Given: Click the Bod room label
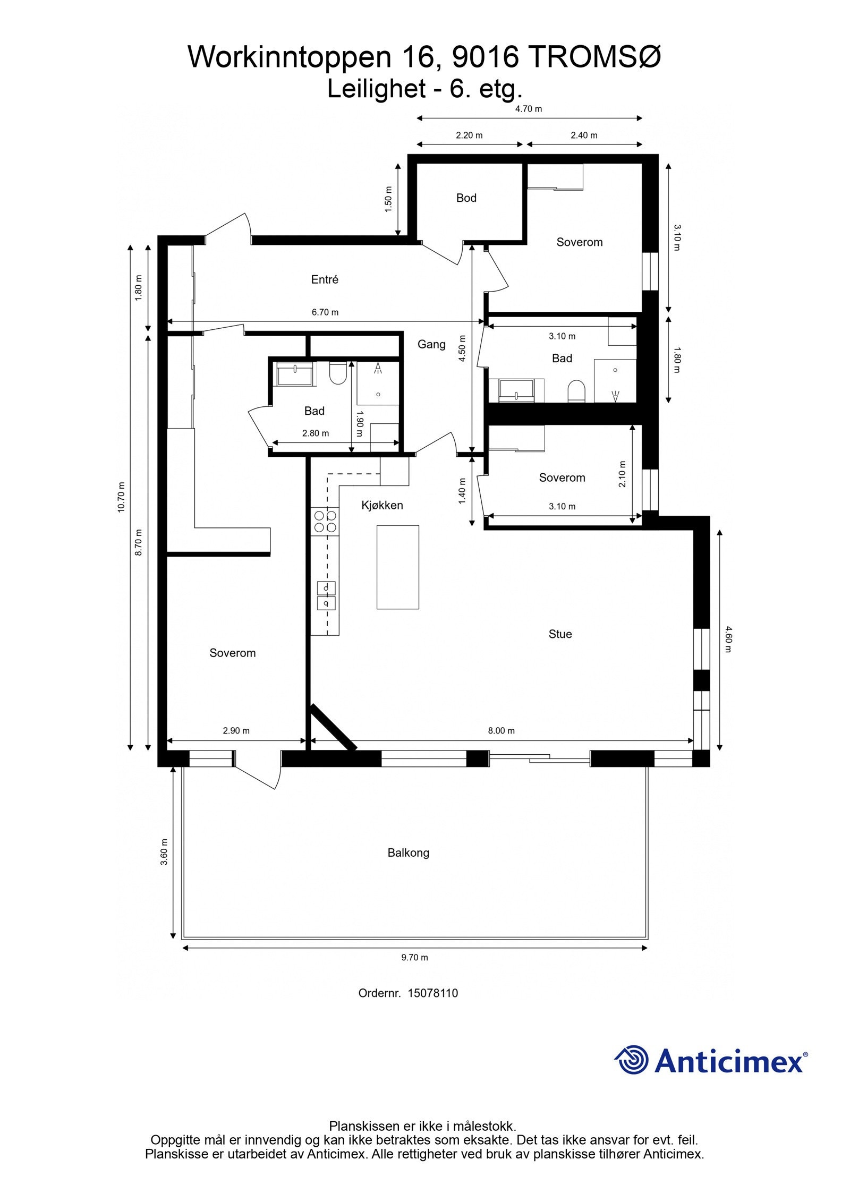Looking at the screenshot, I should (x=466, y=198).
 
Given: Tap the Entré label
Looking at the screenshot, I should (x=325, y=279).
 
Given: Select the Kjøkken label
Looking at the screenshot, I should (x=382, y=505).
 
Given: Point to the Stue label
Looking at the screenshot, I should (x=560, y=634).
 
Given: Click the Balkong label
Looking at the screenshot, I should (x=408, y=853).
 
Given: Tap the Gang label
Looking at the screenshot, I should (x=431, y=344).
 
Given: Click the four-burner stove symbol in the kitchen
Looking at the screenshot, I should (x=325, y=521).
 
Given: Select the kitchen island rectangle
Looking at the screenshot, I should (x=397, y=567).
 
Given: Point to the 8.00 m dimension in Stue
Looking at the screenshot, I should (x=501, y=730).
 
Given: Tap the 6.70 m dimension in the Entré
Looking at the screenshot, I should (x=325, y=312).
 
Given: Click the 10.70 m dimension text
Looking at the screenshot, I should (x=121, y=497).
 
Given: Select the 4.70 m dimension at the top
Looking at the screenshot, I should (x=528, y=109).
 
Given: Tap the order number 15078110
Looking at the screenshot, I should (x=432, y=993).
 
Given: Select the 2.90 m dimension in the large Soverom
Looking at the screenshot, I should (x=236, y=730).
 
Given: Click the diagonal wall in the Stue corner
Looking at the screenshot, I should (x=334, y=727).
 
